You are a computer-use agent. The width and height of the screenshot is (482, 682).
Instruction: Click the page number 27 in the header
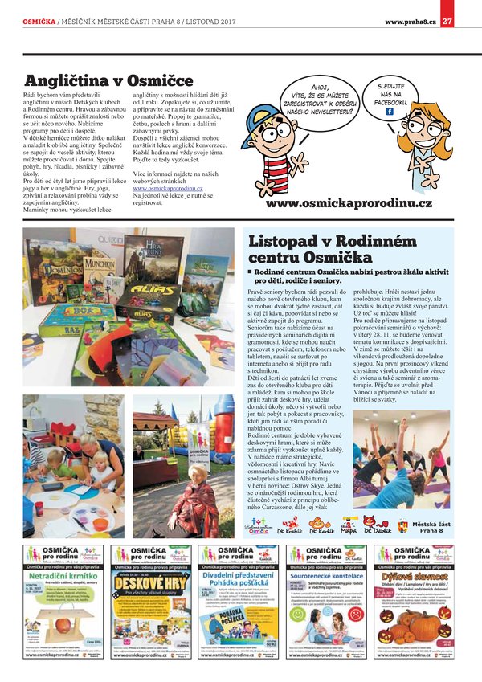pyautogui.click(x=447, y=22)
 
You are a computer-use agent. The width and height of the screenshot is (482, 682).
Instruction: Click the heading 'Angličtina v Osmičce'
pyautogui.click(x=109, y=80)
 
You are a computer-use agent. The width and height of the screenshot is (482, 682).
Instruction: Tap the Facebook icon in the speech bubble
pyautogui.click(x=389, y=112)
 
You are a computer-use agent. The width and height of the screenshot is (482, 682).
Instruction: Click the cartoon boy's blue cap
pyautogui.click(x=283, y=104)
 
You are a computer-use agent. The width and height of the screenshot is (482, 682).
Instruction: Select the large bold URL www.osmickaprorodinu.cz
pyautogui.click(x=349, y=204)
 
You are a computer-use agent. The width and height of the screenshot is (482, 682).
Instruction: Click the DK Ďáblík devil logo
pyautogui.click(x=378, y=526)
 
